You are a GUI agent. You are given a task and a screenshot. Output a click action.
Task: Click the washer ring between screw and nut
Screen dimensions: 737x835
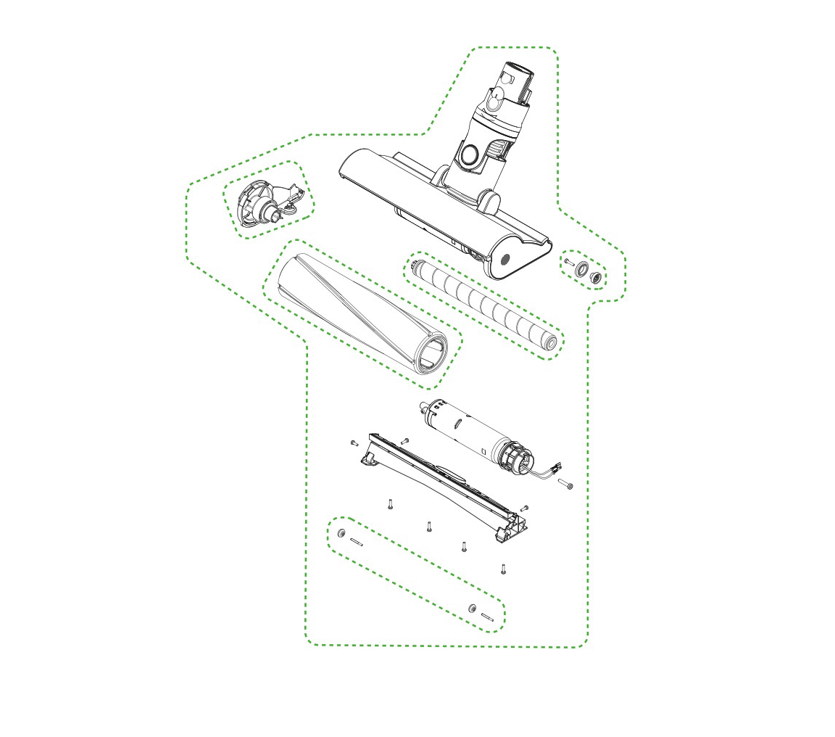[581, 270]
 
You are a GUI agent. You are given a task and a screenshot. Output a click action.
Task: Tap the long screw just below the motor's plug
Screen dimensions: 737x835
[565, 483]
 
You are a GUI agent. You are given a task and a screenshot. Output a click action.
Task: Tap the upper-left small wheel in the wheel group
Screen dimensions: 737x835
[341, 534]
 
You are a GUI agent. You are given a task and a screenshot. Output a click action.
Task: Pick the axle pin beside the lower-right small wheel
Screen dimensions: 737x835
[487, 617]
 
